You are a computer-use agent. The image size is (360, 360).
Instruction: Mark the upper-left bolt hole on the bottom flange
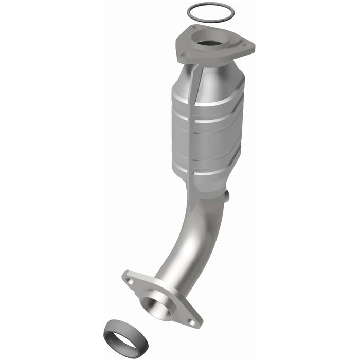(130, 281)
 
